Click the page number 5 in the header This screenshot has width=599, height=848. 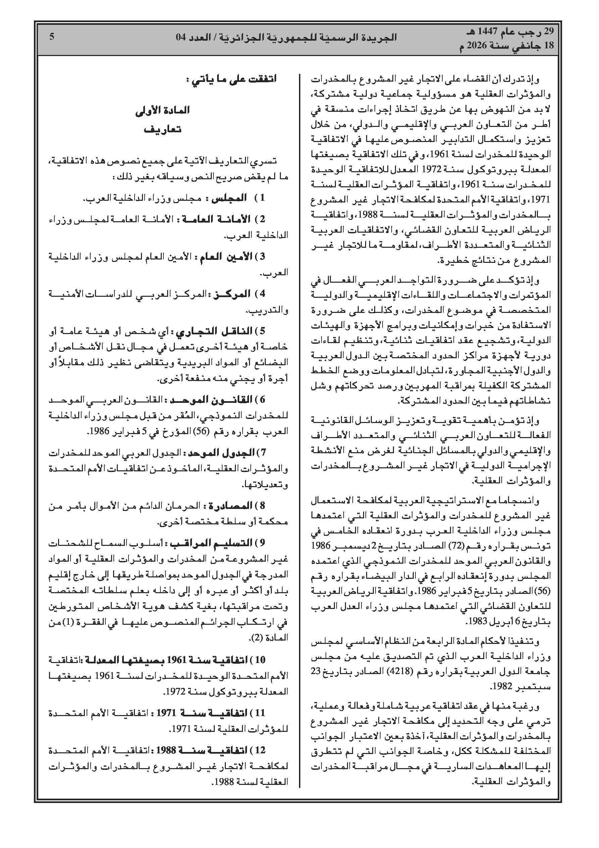pos(52,37)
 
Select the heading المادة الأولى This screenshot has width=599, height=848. pos(162,110)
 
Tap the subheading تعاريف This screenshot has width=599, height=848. pos(162,130)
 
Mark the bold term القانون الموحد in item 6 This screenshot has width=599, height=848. pos(211,400)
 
